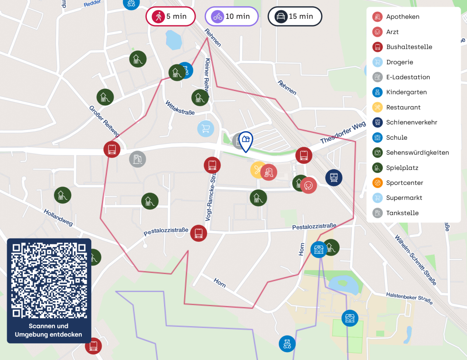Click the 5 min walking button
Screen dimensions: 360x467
click(x=171, y=16)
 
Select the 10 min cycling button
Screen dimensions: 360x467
click(x=232, y=16)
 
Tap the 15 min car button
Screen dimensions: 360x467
click(x=295, y=16)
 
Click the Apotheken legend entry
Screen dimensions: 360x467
click(x=402, y=17)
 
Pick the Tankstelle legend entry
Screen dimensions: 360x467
click(x=402, y=213)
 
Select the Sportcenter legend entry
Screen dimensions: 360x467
click(x=404, y=183)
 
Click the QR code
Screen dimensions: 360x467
click(x=49, y=280)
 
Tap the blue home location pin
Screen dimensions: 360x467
click(x=246, y=141)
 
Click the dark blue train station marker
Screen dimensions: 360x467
click(x=333, y=178)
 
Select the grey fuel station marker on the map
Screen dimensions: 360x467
click(x=138, y=159)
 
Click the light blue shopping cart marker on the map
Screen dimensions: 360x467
click(x=205, y=128)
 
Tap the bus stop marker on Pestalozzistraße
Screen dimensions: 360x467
click(x=198, y=233)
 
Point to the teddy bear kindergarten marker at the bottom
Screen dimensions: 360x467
click(x=287, y=344)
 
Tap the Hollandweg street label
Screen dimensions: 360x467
click(x=58, y=217)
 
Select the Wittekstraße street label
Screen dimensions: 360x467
click(x=180, y=108)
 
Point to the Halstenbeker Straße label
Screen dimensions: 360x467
click(x=409, y=298)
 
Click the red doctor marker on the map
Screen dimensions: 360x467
click(x=309, y=185)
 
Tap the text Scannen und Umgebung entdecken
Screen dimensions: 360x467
click(x=49, y=330)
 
